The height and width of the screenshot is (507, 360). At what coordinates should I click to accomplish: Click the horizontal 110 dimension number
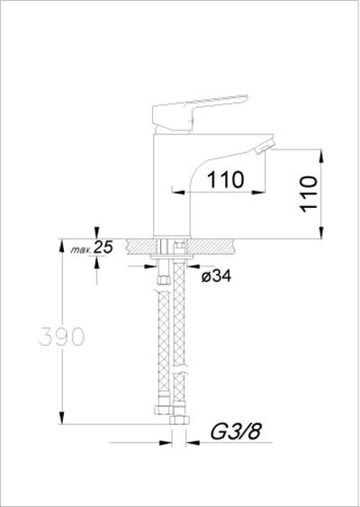click(225, 178)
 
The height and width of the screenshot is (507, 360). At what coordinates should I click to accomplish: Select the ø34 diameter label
click(215, 276)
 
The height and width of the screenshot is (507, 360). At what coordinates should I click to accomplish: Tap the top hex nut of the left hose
click(164, 281)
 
